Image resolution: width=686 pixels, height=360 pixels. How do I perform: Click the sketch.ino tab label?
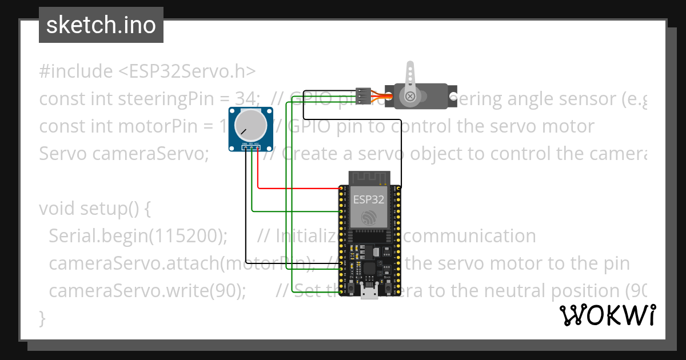(101, 25)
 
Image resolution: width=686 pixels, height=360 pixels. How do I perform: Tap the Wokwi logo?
(607, 315)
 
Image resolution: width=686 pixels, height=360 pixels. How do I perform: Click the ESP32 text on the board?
(369, 199)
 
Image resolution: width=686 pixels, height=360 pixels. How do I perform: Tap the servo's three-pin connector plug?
(362, 95)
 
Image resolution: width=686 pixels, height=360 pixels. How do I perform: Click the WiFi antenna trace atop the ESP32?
(369, 177)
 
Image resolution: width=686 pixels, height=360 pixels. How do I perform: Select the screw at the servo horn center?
(410, 97)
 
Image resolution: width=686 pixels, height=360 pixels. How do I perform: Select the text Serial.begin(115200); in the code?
(138, 236)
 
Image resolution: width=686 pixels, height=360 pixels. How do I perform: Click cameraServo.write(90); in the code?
(147, 291)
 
